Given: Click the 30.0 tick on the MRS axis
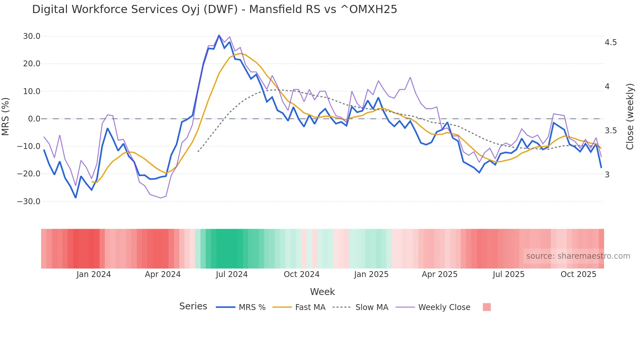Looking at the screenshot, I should point(32,36).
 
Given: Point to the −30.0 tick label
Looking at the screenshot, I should point(29,202).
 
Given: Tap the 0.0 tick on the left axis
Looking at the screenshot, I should point(34,119).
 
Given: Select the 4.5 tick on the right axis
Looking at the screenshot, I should point(611,42).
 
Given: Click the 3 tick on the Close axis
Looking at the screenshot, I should point(607,175).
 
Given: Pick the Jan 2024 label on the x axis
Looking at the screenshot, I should point(94,274).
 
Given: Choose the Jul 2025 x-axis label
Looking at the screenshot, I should point(508,274).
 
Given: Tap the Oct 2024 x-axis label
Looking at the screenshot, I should point(301,274).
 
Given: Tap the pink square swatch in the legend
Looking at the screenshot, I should point(487,307).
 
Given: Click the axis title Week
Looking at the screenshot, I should point(322,292).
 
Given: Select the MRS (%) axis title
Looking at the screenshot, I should point(6,116).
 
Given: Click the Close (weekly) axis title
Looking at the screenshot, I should point(630,116).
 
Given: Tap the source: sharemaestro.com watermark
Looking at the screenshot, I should point(578,256).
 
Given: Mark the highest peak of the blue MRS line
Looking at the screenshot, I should point(219,35).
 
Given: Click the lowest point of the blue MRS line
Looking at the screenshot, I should point(75,198).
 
